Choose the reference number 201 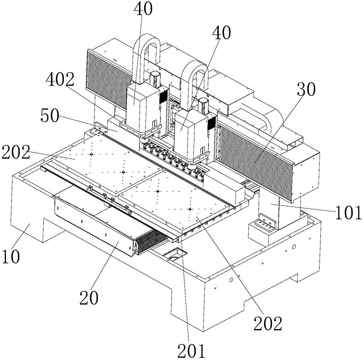(x=191, y=351)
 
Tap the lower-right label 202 (x=268, y=323)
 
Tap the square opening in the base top (x=172, y=254)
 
